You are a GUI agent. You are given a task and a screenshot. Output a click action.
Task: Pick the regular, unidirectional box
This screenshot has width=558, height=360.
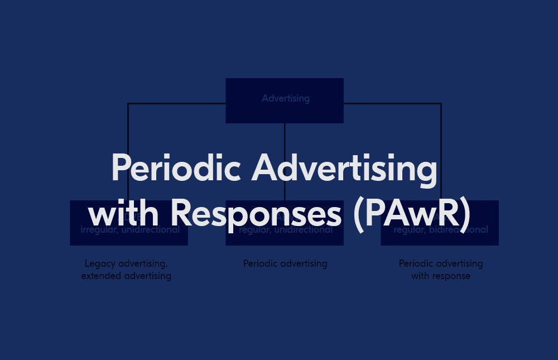(285, 237)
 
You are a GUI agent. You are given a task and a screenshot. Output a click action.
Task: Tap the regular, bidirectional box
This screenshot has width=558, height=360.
(440, 237)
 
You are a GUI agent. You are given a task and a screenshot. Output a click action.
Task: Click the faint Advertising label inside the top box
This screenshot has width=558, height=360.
(286, 98)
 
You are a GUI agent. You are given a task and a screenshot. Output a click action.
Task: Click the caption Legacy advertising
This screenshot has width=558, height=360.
(126, 263)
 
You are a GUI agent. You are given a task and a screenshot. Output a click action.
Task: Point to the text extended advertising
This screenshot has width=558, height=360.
(126, 276)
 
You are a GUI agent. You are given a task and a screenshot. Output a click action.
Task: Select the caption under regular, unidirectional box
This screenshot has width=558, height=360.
(285, 263)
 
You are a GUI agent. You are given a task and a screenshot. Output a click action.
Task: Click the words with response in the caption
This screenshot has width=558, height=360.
(441, 276)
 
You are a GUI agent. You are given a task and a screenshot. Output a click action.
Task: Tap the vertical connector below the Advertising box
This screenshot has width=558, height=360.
(285, 137)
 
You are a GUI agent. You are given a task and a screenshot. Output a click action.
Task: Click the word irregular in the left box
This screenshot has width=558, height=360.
(98, 230)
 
